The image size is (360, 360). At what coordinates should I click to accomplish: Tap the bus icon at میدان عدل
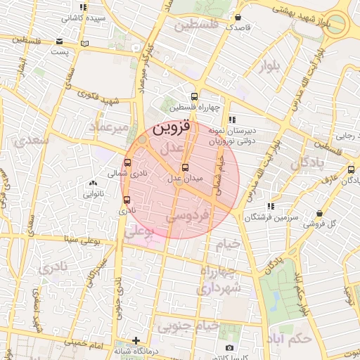point(186,167)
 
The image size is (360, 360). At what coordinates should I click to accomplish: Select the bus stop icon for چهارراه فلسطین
point(194,97)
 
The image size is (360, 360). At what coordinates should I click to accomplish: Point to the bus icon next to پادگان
point(351,169)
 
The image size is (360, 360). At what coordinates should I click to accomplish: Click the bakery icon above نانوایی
point(93,183)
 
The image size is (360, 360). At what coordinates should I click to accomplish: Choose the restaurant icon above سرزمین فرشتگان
point(270,206)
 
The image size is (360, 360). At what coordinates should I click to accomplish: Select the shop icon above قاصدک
point(238,17)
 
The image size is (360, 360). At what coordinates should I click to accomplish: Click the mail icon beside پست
point(85,44)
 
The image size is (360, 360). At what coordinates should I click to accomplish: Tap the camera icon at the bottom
point(229,348)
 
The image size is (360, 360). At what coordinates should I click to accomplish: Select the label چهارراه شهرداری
point(219,280)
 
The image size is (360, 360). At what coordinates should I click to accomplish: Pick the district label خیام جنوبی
point(188,326)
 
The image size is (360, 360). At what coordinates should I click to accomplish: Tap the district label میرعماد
point(109,127)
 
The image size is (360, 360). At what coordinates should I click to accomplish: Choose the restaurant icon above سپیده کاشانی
point(84,7)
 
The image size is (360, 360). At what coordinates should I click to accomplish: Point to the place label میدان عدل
point(185,179)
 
